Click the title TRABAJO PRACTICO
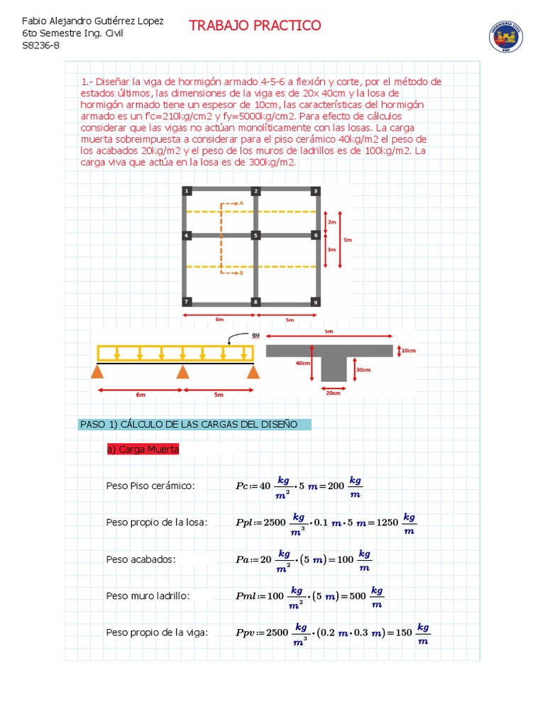pos(255,26)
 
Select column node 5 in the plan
pos(255,235)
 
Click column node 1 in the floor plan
pos(186,191)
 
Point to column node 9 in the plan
pos(315,302)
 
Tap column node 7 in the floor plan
pos(186,302)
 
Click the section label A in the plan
pos(241,203)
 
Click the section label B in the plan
pos(241,273)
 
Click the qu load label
pos(256,335)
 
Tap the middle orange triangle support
pos(183,372)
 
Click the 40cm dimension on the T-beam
pos(303,363)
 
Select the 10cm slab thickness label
pos(409,351)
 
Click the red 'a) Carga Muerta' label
pos(143,449)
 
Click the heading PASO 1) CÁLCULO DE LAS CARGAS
pos(189,425)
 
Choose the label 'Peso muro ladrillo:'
pos(148,596)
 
